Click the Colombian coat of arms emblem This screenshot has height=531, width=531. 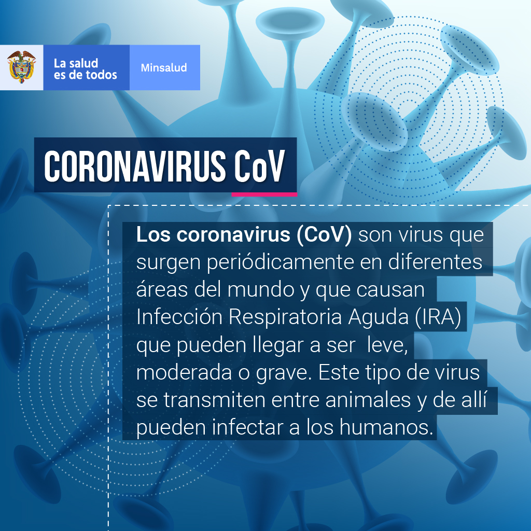21,67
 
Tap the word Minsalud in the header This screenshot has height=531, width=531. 164,68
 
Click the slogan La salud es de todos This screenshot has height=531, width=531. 86,69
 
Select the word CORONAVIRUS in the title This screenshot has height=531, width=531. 135,166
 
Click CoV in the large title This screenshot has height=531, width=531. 260,166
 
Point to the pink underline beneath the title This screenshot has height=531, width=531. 264,194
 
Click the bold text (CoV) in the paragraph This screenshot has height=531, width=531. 324,234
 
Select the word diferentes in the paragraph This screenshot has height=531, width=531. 435,262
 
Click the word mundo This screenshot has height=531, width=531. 261,289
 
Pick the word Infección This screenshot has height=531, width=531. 179,317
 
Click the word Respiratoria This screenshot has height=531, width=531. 285,318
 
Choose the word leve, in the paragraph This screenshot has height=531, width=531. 387,345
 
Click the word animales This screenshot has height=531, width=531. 368,400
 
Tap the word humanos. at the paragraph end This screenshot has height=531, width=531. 386,427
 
